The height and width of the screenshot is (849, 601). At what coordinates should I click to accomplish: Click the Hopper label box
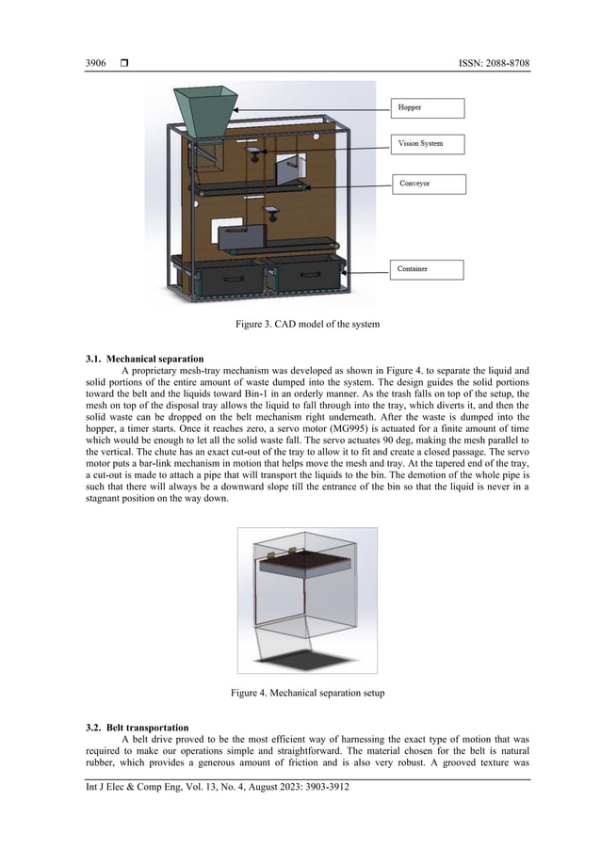pos(428,107)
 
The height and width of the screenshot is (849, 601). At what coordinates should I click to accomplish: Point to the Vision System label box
pos(428,144)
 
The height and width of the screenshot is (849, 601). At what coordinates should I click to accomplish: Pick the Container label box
pos(428,269)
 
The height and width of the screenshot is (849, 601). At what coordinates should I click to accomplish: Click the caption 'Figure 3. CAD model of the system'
pos(300,326)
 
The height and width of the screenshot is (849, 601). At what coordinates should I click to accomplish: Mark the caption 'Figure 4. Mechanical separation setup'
pos(300,694)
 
